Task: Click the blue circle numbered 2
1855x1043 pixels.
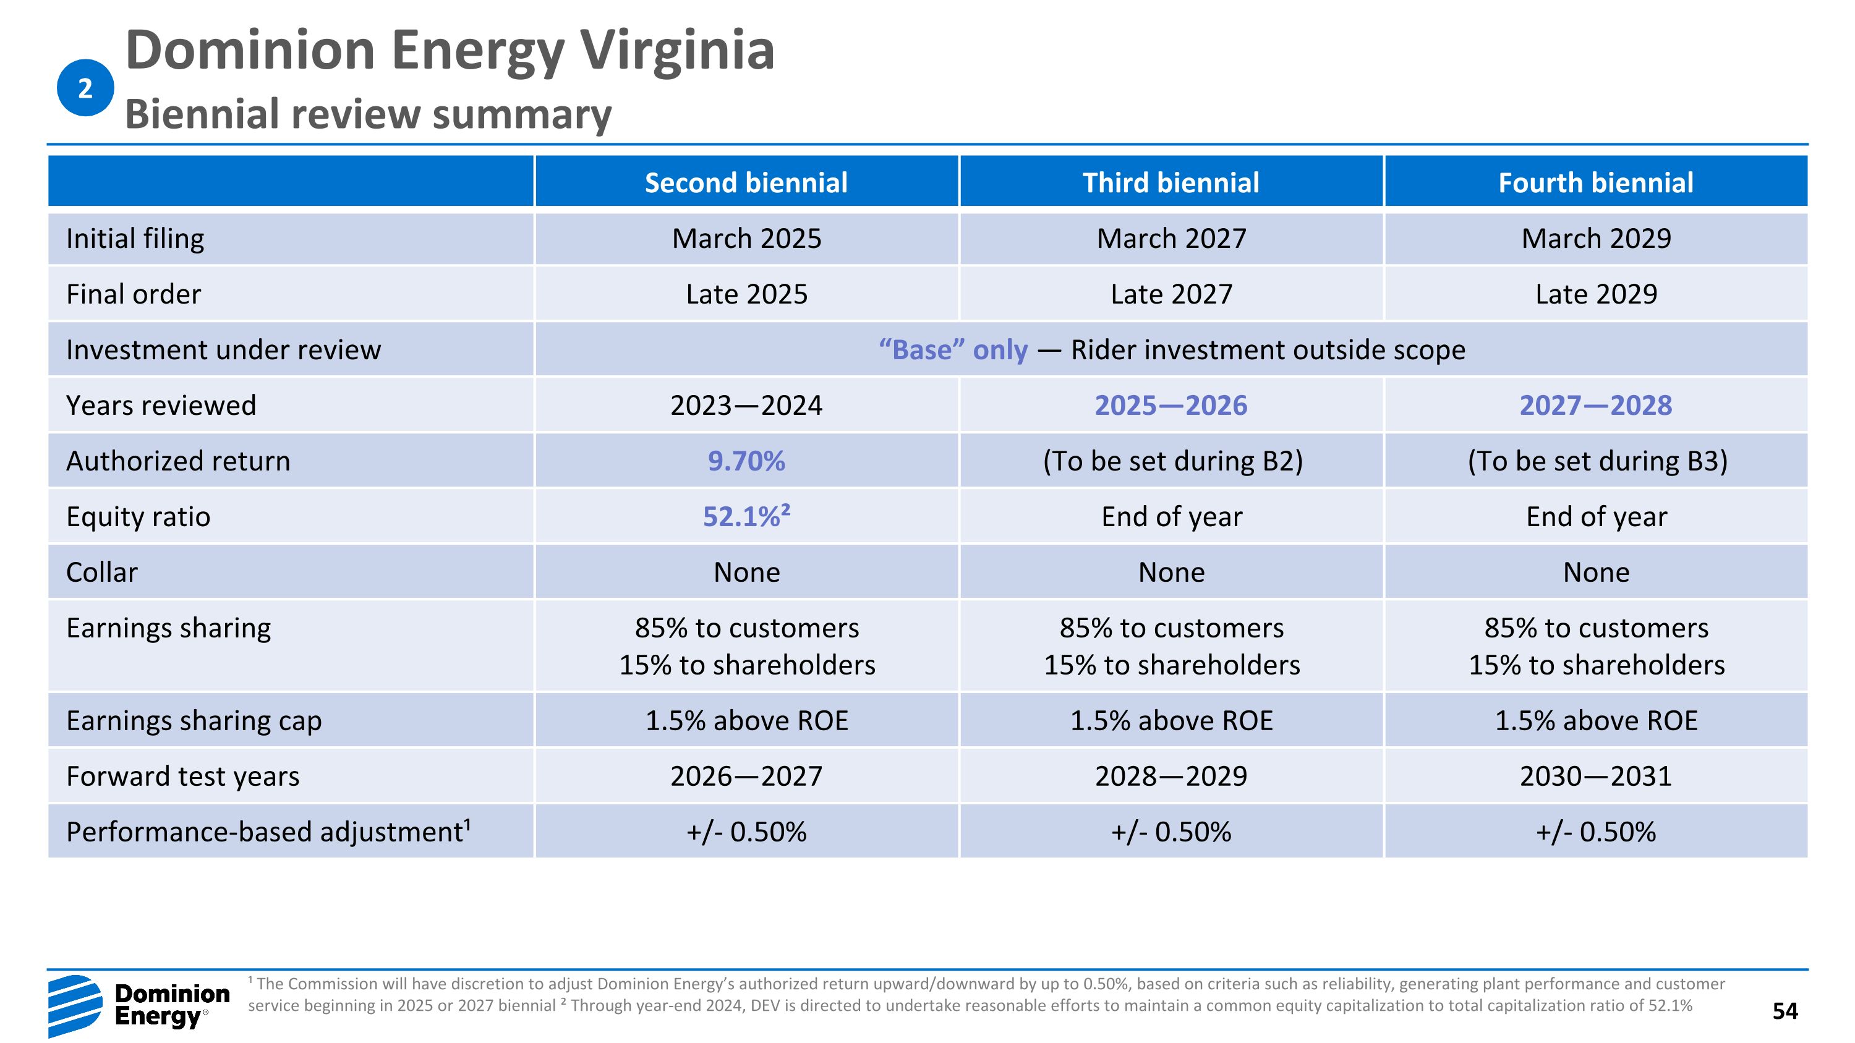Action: coord(85,88)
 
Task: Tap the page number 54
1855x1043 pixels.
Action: coord(1785,1011)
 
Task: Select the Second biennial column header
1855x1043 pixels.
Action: coord(746,183)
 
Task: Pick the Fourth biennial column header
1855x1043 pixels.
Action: coord(1595,183)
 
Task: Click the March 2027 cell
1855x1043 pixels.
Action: coord(1171,238)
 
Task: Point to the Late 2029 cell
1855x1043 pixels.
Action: coord(1595,294)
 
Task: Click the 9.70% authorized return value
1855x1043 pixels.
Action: coord(746,461)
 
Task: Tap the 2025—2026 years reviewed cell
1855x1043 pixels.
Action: coord(1171,405)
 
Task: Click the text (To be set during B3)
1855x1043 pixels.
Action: coord(1597,461)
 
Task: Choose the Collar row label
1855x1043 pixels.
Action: coord(101,573)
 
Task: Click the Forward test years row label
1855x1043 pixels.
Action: coord(182,776)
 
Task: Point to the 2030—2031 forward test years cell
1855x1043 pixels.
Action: coord(1595,776)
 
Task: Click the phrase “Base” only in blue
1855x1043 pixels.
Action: coord(953,350)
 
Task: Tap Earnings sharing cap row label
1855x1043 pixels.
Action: coord(194,720)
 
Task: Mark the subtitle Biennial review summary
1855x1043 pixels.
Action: coord(368,114)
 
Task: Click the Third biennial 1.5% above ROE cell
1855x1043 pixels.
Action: coord(1171,720)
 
